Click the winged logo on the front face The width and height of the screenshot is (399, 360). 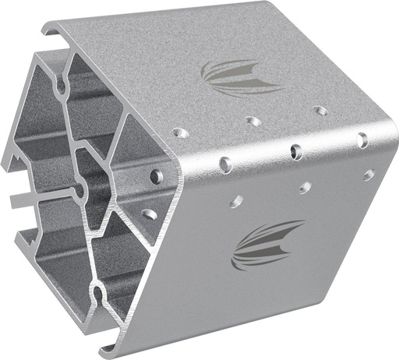pos(267,244)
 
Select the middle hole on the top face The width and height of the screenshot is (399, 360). pos(251,121)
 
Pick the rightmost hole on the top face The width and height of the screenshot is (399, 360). pos(320,111)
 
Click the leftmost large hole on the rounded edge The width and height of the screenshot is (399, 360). pos(224,164)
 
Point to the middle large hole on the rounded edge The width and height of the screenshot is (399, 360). pos(295,150)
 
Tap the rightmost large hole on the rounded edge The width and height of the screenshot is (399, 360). pos(362,140)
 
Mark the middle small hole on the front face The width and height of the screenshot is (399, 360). pos(304,188)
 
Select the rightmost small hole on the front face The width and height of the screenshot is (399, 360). pos(368,175)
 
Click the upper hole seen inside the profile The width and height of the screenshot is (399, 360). pos(157,175)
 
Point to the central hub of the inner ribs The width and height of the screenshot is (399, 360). pos(78,188)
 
